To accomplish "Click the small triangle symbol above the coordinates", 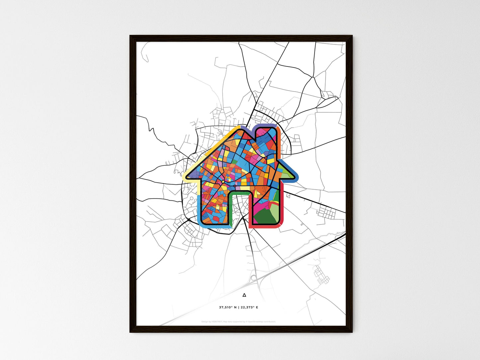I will (244, 295).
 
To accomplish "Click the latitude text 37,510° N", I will (228, 307).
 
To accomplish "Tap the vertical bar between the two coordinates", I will (239, 307).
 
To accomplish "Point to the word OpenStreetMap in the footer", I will (254, 321).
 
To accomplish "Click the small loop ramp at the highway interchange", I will (254, 278).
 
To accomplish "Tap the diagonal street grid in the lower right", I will (321, 275).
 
